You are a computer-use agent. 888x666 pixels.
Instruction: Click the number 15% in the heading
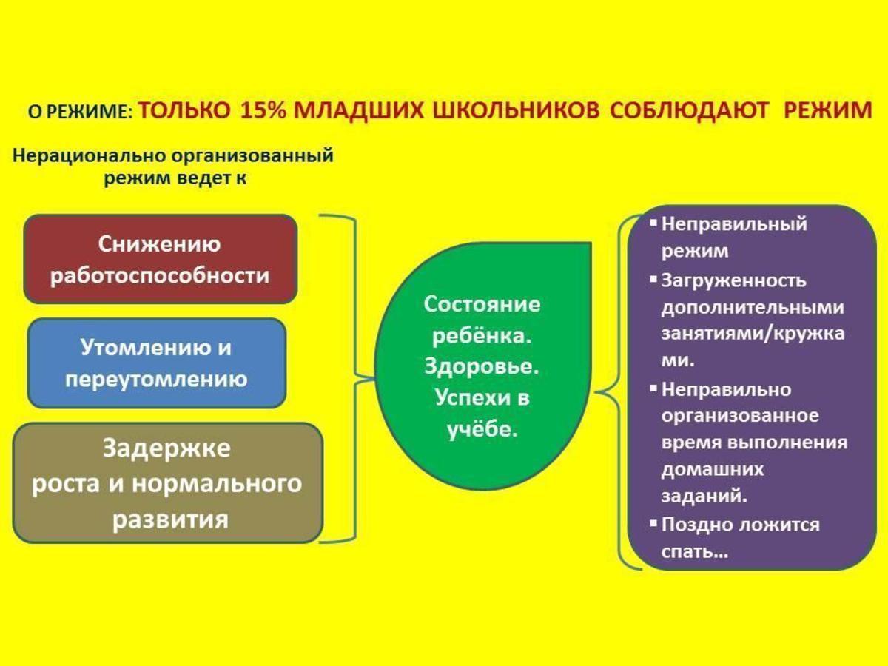coord(263,110)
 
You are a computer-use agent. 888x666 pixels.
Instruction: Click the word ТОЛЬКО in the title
coord(184,110)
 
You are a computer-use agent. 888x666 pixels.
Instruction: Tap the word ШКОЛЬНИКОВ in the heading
coord(516,110)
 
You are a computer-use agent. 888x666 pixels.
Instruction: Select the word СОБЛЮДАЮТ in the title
coord(688,110)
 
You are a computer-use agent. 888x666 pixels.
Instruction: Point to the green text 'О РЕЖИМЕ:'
coord(80,112)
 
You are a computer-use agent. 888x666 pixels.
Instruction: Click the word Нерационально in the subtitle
coord(88,155)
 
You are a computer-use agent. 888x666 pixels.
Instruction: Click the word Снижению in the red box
coord(159,244)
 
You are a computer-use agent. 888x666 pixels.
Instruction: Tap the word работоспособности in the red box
coord(160,276)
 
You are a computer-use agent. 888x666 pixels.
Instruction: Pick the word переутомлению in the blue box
coord(156,380)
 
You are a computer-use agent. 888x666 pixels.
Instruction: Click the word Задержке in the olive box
coord(166,449)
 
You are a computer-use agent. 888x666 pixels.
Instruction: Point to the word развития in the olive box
coord(170,520)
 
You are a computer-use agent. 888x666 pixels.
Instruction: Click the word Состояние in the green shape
coord(482,303)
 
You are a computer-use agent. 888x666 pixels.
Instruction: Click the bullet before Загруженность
coord(653,279)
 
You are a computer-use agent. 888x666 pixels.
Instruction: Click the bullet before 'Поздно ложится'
coord(653,523)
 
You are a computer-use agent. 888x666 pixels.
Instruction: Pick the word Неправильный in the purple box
coord(734,224)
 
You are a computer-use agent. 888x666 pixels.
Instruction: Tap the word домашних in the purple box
coord(713,469)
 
